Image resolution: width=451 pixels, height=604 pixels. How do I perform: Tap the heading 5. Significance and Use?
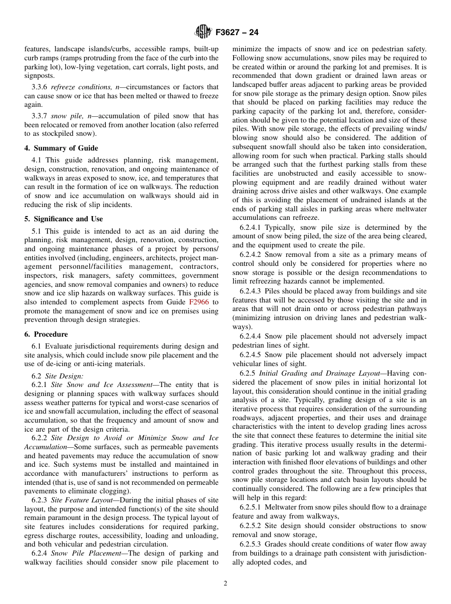click(64, 219)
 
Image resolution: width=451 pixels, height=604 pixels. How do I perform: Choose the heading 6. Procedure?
click(46, 334)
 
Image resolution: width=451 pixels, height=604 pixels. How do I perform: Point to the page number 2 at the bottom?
click(225, 584)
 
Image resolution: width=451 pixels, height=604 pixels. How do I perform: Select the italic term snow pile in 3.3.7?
click(66, 116)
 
